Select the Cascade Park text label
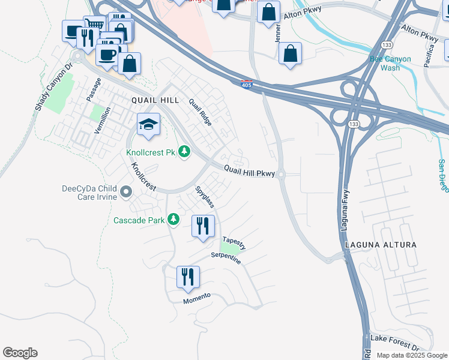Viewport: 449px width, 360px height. [139, 220]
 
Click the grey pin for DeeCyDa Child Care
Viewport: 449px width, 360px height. [126, 192]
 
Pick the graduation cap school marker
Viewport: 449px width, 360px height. [148, 124]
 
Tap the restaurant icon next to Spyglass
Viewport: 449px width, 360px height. [203, 226]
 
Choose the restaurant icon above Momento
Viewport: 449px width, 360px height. [188, 277]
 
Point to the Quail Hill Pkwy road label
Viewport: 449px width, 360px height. [249, 172]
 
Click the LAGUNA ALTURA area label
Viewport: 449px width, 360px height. [381, 245]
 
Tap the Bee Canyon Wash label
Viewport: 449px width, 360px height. [390, 63]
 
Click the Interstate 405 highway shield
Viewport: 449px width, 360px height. [246, 83]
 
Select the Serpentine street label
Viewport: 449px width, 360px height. [226, 258]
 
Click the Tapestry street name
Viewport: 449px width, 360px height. [234, 243]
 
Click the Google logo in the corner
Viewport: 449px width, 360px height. [20, 353]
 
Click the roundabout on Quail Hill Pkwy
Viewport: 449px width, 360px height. [281, 175]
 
